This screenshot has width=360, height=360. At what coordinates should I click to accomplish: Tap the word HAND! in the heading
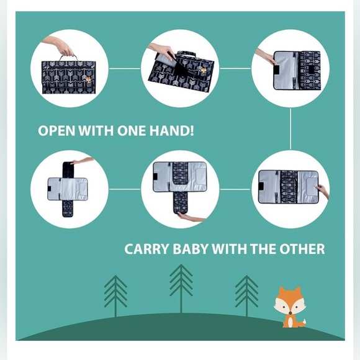click(x=177, y=132)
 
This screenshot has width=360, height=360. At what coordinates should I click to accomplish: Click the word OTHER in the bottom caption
click(x=303, y=250)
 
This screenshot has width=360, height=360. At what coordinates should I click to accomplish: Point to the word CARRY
click(x=144, y=250)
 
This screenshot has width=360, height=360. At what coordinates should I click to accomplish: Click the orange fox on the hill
click(x=289, y=307)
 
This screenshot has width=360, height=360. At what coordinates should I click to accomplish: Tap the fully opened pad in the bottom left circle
click(x=68, y=187)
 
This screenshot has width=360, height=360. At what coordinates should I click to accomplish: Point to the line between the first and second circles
click(x=125, y=68)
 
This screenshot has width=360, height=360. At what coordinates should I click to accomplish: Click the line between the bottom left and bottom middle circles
click(x=125, y=189)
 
